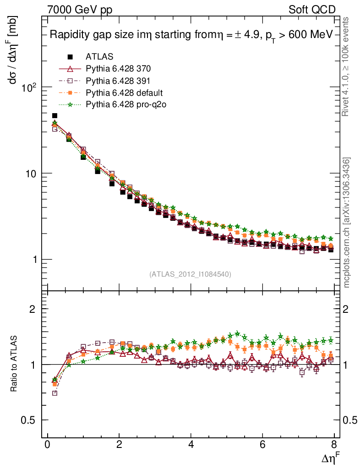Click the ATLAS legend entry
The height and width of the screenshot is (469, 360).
click(99, 57)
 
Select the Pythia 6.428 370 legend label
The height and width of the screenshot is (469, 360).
click(118, 69)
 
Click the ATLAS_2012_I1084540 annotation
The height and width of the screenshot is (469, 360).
click(190, 274)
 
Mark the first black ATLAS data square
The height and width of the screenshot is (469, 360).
click(55, 116)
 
